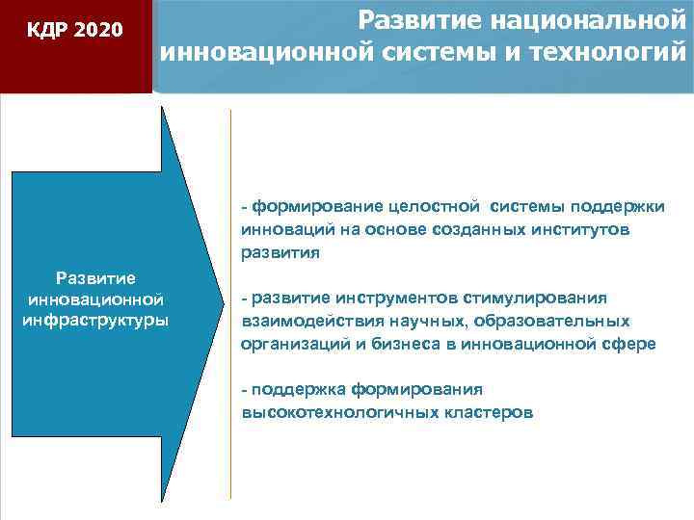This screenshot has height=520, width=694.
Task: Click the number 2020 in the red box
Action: (x=98, y=31)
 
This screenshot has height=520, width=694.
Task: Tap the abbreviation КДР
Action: (x=48, y=31)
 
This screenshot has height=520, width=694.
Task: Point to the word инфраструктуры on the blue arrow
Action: (x=94, y=320)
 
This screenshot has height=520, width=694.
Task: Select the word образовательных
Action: (x=561, y=322)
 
